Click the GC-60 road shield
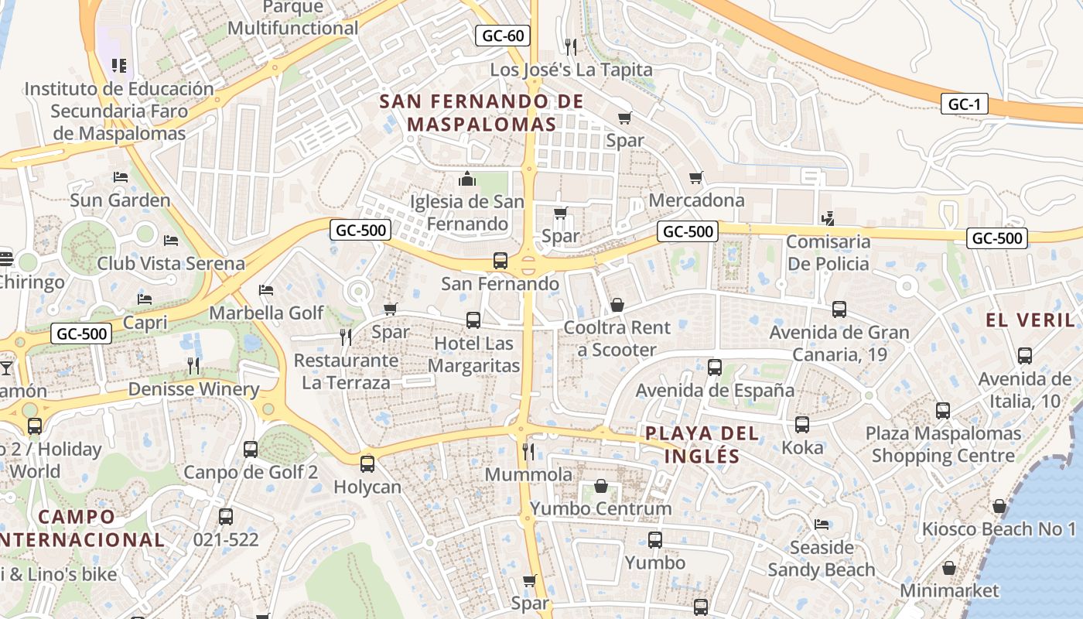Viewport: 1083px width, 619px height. (x=503, y=36)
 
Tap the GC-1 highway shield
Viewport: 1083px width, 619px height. (x=965, y=104)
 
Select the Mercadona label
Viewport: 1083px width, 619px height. (x=696, y=200)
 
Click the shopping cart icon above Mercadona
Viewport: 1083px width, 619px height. (x=696, y=178)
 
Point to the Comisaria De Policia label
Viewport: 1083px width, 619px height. (x=828, y=253)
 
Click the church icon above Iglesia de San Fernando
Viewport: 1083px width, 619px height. (x=466, y=180)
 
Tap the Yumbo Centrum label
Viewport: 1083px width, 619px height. (x=600, y=508)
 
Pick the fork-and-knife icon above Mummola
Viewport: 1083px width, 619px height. (x=529, y=451)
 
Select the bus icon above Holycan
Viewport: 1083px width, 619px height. (x=367, y=464)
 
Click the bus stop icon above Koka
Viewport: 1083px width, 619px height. (x=802, y=425)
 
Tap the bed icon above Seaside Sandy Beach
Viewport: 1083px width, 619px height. (x=822, y=525)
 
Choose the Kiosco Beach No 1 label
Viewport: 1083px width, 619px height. (x=999, y=529)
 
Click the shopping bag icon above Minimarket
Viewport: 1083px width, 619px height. (x=949, y=569)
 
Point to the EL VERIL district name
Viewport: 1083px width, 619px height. (x=1030, y=320)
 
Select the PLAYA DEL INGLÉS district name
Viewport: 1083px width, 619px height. (x=702, y=444)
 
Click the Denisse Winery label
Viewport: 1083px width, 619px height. (x=193, y=388)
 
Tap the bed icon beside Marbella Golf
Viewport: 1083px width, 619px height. (x=266, y=290)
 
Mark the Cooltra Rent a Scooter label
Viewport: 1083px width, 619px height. (x=617, y=338)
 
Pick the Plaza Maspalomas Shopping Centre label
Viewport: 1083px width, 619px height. (x=943, y=444)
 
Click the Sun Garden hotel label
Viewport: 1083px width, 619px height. (x=120, y=200)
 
